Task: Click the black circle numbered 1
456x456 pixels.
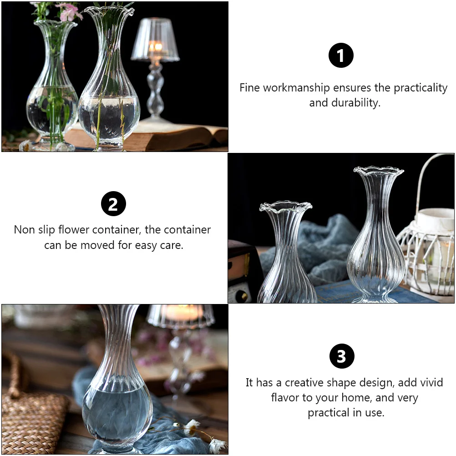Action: click(x=341, y=56)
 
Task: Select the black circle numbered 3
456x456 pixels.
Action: click(x=341, y=356)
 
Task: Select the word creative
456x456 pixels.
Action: click(x=307, y=382)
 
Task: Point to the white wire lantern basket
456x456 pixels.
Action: click(x=428, y=246)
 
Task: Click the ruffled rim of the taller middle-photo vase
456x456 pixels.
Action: click(x=379, y=171)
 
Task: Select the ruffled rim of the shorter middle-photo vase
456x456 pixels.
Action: click(x=285, y=208)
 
